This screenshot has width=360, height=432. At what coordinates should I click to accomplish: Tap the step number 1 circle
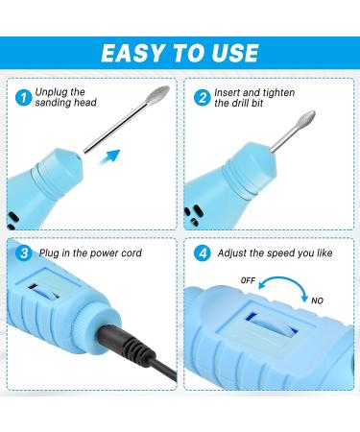(x=22, y=97)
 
